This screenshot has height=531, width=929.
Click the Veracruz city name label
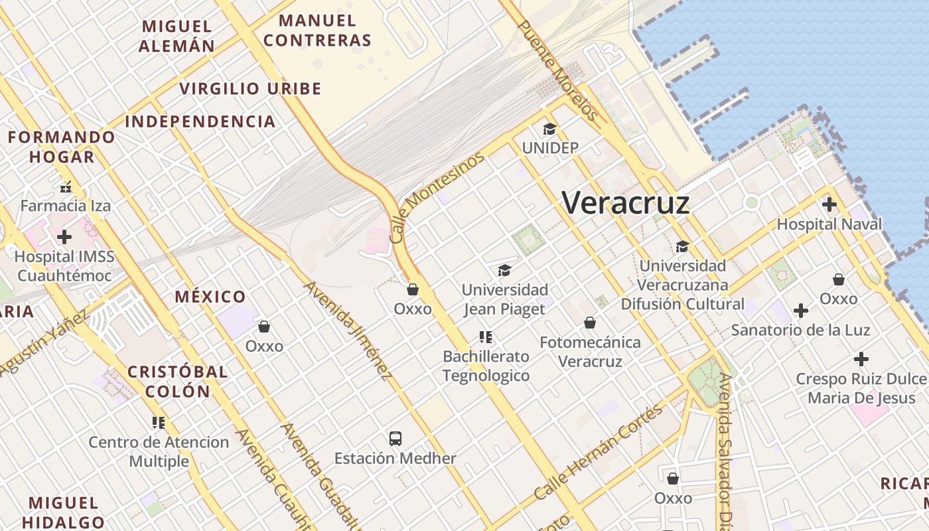(x=626, y=202)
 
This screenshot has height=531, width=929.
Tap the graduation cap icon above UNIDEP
(x=549, y=129)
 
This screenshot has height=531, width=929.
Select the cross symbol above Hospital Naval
(x=829, y=204)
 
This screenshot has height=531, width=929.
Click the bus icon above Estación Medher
(x=395, y=438)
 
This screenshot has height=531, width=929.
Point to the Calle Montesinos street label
(x=437, y=198)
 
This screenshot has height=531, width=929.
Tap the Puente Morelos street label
(x=557, y=70)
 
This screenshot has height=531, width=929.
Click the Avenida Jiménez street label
(x=347, y=331)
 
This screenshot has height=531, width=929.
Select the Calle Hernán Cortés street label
(x=599, y=451)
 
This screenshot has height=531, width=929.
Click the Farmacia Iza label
(x=65, y=205)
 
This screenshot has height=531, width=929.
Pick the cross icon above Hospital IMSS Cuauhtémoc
(x=64, y=236)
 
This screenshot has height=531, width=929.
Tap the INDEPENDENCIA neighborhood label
(x=200, y=121)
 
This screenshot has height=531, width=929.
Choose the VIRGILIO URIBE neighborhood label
(x=250, y=88)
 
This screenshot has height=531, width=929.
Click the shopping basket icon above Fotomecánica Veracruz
(x=590, y=323)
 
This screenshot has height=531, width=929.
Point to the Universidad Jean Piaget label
(x=504, y=299)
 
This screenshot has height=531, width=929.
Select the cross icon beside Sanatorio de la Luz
(x=801, y=310)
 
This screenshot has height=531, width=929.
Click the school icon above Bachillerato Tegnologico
(x=486, y=337)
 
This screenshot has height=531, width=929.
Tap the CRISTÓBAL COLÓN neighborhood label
(x=177, y=381)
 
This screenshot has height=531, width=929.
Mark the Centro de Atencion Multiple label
(x=159, y=451)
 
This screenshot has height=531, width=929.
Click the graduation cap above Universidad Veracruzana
(x=682, y=247)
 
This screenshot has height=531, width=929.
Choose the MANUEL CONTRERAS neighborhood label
(x=317, y=31)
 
